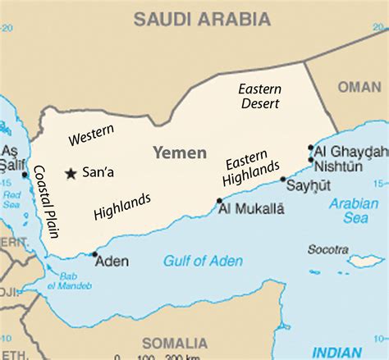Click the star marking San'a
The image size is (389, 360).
(x=71, y=173)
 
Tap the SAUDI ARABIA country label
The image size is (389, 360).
(x=204, y=17)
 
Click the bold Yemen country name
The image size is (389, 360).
(x=176, y=153)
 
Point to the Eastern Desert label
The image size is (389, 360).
(x=260, y=96)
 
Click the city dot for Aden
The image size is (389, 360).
(x=95, y=253)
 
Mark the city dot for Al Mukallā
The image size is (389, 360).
(x=219, y=201)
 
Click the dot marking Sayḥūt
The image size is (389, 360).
(x=283, y=179)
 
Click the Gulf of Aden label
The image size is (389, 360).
(x=203, y=261)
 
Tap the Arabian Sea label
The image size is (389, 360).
(x=354, y=211)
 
